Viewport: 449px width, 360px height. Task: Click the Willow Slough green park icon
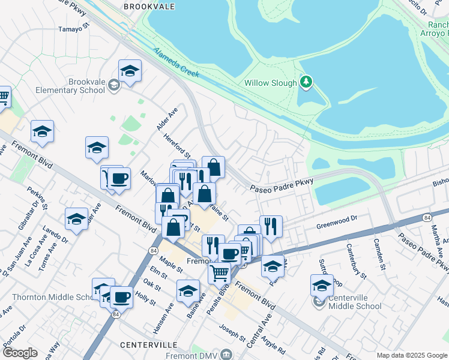(x=306, y=82)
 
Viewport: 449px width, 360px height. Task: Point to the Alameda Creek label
(x=176, y=62)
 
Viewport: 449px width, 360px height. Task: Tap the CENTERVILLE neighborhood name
(x=148, y=345)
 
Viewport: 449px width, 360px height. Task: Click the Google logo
(x=20, y=353)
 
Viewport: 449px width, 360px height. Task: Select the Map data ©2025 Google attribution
(x=412, y=355)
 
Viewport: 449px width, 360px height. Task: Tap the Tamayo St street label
(x=73, y=28)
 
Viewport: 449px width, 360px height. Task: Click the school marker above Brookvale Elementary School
(x=130, y=71)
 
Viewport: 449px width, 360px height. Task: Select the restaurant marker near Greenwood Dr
(x=271, y=226)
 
